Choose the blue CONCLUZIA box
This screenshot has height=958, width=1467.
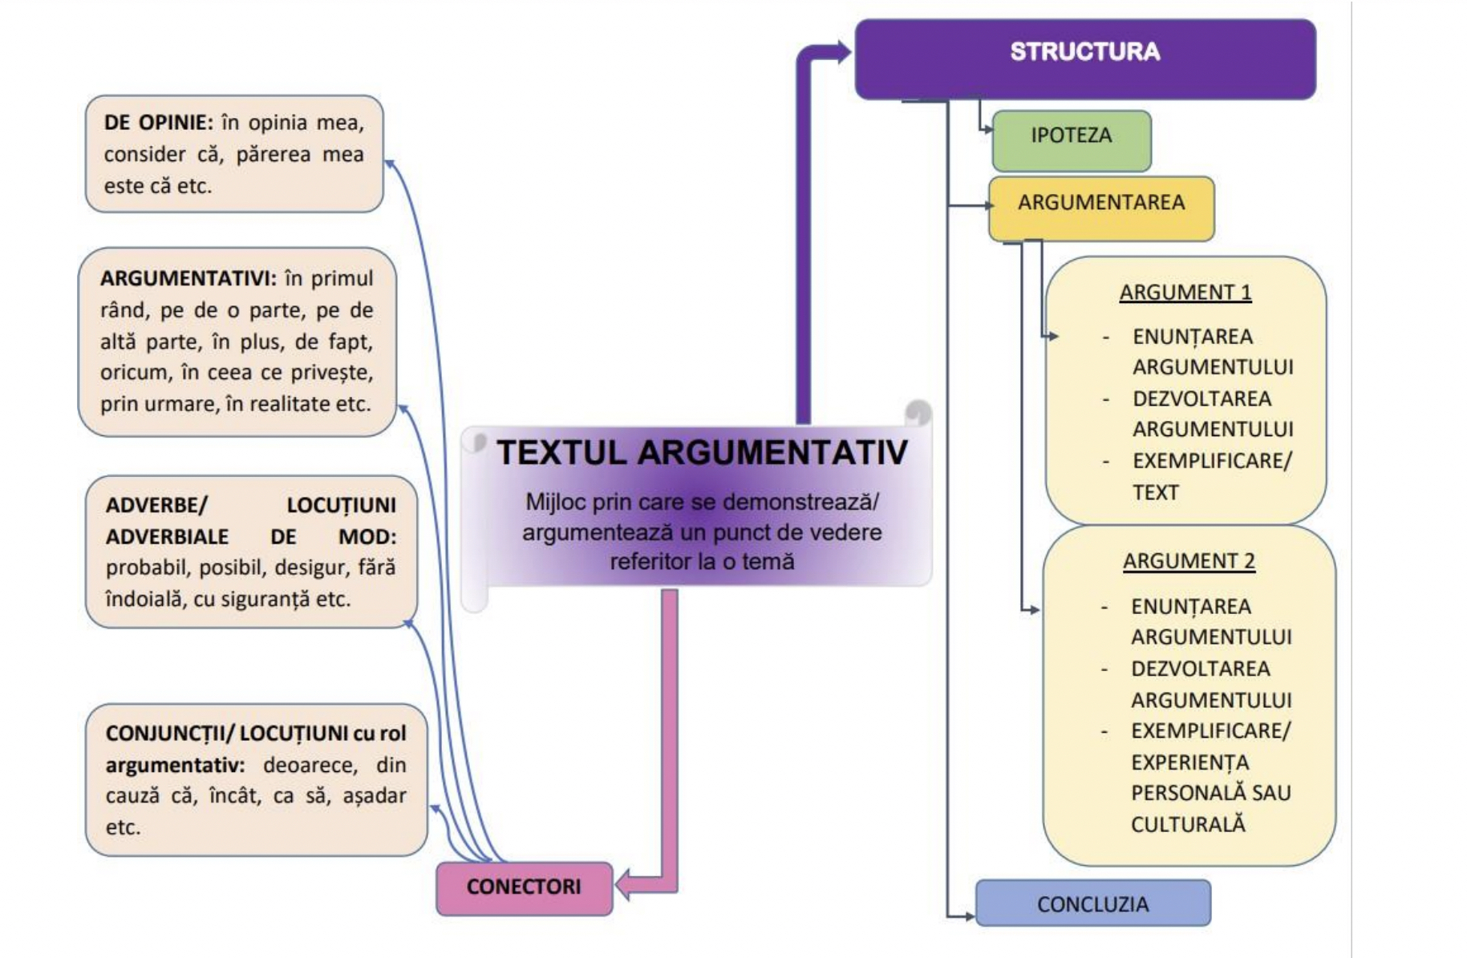tap(1092, 903)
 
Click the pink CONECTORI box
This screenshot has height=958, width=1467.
tap(524, 887)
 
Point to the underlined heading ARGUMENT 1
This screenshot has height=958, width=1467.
tap(1185, 293)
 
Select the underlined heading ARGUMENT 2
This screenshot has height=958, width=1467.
tap(1188, 561)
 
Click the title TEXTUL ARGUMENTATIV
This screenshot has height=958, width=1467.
tap(702, 453)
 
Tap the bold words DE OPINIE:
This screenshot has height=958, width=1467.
tap(158, 123)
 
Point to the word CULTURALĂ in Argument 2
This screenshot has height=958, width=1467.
tap(1187, 824)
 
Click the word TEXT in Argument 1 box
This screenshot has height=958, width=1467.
tap(1155, 492)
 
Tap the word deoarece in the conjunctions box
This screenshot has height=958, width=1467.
tap(310, 765)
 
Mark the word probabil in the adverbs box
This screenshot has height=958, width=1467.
tap(148, 568)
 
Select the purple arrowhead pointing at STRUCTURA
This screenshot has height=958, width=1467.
tap(843, 53)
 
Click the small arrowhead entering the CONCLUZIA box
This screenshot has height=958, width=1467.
tap(970, 916)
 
